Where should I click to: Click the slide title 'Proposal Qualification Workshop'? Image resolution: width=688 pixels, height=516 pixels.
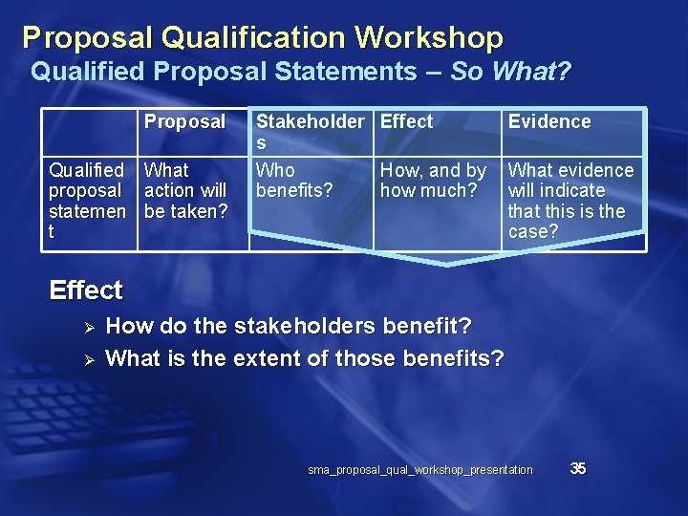263,37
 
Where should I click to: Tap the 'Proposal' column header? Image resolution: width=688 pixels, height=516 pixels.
184,122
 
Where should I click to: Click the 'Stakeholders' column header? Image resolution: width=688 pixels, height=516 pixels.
310,132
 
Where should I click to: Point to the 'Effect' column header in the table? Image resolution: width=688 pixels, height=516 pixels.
406,122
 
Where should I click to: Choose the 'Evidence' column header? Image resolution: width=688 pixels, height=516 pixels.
549,122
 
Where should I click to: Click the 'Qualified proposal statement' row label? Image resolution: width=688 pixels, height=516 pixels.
87,201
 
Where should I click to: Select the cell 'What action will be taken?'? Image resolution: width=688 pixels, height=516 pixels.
185,190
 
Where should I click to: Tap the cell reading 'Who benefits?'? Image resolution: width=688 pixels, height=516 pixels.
293,181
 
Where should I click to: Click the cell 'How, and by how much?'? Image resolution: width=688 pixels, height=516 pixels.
433,181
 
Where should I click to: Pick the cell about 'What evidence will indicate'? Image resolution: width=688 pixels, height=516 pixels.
570,201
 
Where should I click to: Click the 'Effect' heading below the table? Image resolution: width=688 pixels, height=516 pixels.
86,290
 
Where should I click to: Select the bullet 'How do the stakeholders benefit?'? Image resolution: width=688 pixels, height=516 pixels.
289,327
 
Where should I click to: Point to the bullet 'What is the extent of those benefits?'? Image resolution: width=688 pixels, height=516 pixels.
305,358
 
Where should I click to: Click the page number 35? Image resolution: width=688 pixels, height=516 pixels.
577,468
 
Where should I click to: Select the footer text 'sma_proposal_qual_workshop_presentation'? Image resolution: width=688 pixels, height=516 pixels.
420,470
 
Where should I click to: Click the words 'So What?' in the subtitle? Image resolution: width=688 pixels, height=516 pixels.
510,72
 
